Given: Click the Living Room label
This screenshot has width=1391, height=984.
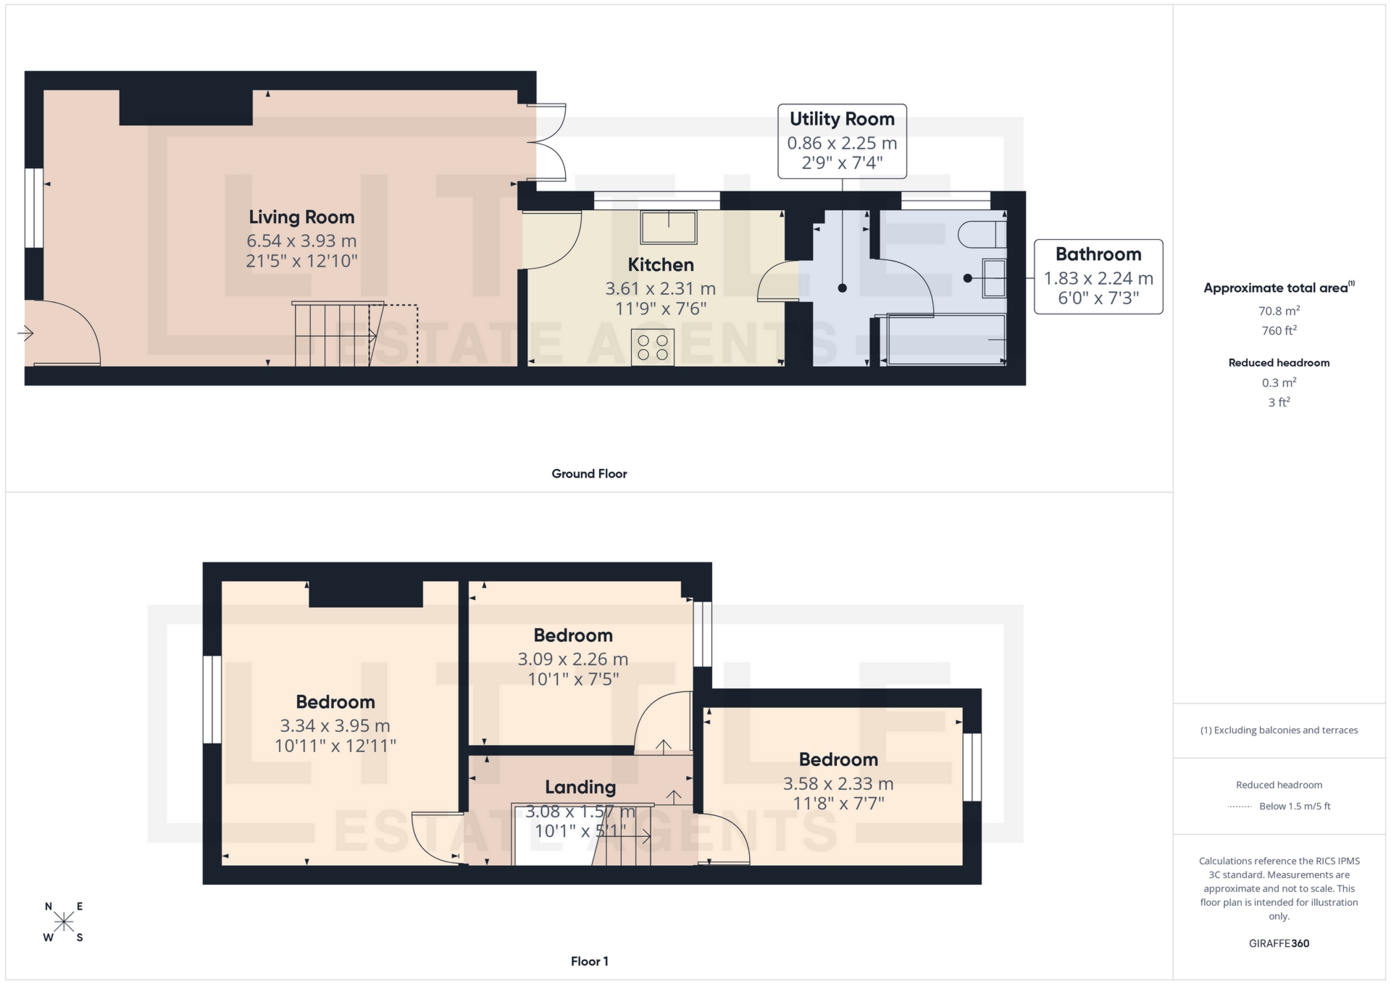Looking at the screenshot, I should point(301,217).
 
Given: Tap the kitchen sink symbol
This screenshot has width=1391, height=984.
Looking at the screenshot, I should point(668,227).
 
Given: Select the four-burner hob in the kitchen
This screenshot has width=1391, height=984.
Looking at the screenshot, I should point(652,347).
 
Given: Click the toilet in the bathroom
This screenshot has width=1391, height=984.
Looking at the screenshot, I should point(982,234).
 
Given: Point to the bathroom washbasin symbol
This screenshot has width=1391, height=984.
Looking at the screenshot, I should point(994,278).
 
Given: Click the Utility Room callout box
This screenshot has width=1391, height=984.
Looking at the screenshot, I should point(842,141).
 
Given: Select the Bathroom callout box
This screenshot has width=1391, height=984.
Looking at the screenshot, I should point(1098,277).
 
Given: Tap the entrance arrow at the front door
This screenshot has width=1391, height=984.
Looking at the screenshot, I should point(26,333).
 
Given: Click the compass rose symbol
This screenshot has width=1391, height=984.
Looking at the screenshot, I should point(64,922).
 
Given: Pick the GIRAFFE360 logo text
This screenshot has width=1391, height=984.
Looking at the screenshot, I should point(1279,943).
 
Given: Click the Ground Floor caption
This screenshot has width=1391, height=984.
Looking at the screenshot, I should point(589,474).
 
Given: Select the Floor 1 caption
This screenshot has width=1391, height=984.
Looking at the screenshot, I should point(589,962).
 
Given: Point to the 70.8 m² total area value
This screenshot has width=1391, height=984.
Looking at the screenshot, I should point(1279,311).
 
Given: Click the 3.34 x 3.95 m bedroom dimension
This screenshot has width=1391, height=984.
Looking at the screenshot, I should point(335,725).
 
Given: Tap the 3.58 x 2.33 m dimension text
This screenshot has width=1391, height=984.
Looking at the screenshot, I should point(837,783).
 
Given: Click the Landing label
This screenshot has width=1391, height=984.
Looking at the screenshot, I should point(580,787).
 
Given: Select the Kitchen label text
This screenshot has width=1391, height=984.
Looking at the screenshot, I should point(660,265).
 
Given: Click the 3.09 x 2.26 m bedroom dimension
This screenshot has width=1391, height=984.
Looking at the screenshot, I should point(572,659).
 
